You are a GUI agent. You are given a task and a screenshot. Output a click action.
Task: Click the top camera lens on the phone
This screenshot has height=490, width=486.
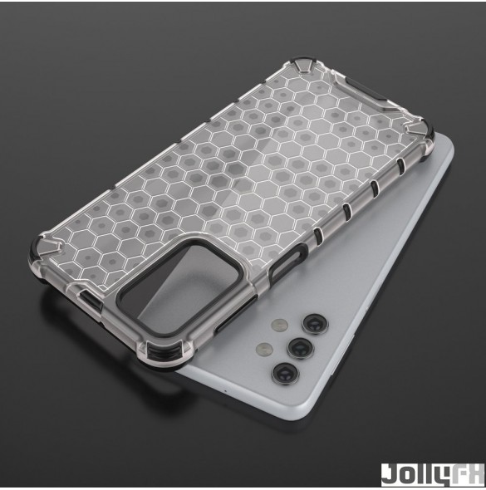click(x=315, y=324)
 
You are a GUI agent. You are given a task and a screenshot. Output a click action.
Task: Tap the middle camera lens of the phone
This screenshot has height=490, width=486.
click(x=301, y=348)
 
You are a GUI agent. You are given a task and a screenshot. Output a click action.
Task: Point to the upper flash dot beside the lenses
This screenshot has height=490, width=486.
click(x=280, y=325)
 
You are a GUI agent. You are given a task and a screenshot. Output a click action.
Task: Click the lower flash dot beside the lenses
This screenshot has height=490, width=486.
click(x=264, y=349)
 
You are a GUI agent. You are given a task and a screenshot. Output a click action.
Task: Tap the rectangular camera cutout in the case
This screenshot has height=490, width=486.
click(x=179, y=287)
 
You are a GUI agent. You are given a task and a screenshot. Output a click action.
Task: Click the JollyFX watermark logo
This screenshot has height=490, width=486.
click(x=433, y=475)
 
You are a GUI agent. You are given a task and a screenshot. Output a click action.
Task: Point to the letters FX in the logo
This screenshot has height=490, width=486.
click(x=468, y=475)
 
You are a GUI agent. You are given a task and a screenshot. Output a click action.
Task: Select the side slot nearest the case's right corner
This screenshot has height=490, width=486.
click(x=400, y=164)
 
